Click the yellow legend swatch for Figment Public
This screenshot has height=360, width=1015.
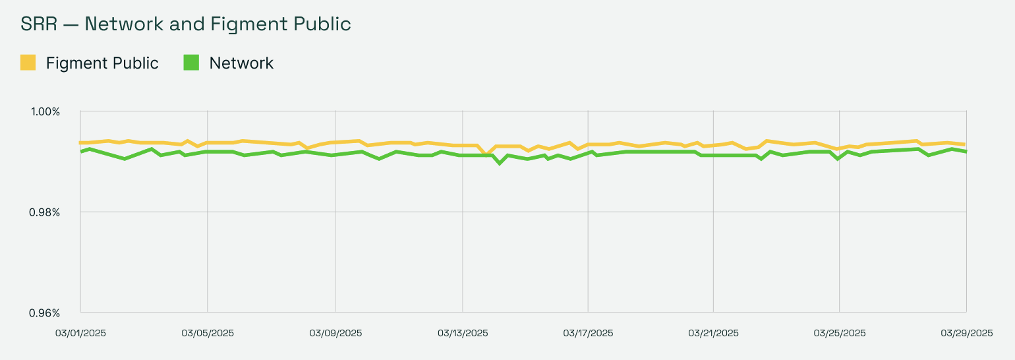pyautogui.click(x=28, y=63)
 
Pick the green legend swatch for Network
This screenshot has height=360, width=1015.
pyautogui.click(x=191, y=63)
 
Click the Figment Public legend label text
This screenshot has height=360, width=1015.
pyautogui.click(x=102, y=63)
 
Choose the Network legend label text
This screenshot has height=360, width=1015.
pyautogui.click(x=241, y=63)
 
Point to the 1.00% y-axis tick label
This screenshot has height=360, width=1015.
pyautogui.click(x=45, y=111)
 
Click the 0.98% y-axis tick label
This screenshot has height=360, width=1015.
pyautogui.click(x=45, y=212)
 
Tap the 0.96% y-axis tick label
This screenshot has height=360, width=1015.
pyautogui.click(x=45, y=313)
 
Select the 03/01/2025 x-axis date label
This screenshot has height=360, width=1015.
pyautogui.click(x=80, y=333)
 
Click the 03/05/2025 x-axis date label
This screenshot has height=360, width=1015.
pyautogui.click(x=208, y=333)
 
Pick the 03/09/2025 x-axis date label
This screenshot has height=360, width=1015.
pyautogui.click(x=335, y=333)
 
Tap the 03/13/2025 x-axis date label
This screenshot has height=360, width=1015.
pyautogui.click(x=463, y=333)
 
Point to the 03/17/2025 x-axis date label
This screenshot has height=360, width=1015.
pyautogui.click(x=588, y=333)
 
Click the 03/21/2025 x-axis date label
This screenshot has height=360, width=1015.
pyautogui.click(x=714, y=333)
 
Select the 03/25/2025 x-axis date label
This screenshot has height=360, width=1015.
pyautogui.click(x=839, y=333)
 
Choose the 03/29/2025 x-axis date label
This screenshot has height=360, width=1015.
pyautogui.click(x=967, y=333)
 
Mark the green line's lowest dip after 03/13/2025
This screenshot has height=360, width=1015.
pyautogui.click(x=500, y=163)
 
